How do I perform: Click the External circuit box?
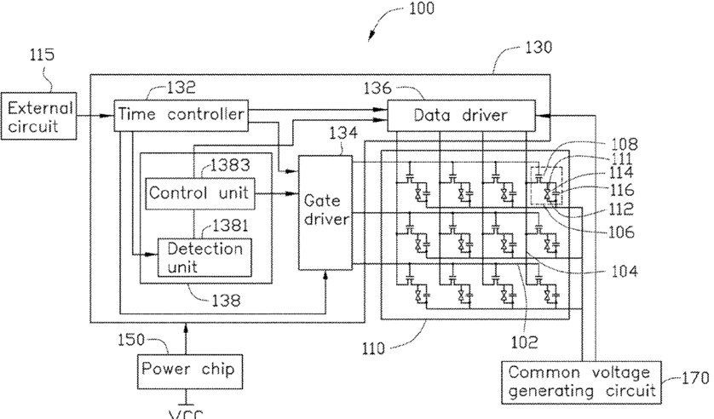coord(38,116)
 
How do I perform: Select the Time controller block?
coord(181,115)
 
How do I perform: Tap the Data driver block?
coord(461,116)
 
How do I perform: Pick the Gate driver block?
coord(325,212)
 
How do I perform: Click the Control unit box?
coord(199,193)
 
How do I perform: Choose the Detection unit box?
coord(204,257)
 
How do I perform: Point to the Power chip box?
coord(190,371)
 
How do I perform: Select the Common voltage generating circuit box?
coord(581,382)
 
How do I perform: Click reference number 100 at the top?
coord(422,9)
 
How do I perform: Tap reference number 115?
coord(42,55)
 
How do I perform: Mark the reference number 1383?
coord(231,164)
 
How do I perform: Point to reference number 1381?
coord(230,226)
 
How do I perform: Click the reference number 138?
coord(226,301)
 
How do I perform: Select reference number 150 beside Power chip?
coord(131,340)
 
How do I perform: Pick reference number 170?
coord(695,378)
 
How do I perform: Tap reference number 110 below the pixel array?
coord(373,349)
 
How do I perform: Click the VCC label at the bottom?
coord(186,415)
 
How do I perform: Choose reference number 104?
coord(625,272)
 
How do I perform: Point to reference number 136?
coord(377,89)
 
